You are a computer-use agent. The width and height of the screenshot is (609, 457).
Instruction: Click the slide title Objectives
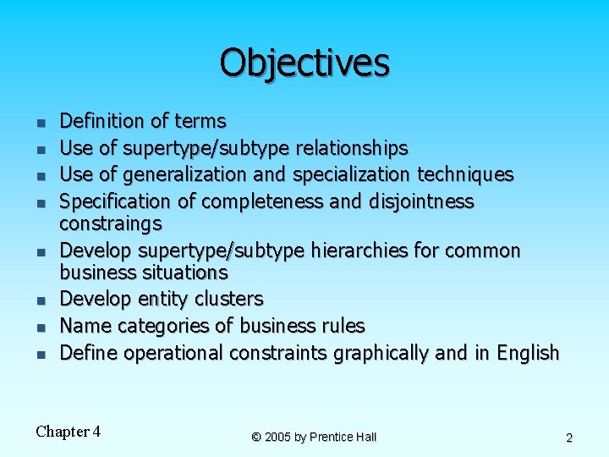tap(304, 63)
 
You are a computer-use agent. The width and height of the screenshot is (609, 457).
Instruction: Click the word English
tap(528, 353)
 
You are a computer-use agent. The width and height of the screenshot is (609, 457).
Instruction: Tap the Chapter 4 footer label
tap(69, 432)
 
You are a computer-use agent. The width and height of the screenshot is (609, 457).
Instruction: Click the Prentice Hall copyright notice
tap(314, 437)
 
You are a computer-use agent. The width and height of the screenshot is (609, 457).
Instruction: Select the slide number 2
tap(569, 438)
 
